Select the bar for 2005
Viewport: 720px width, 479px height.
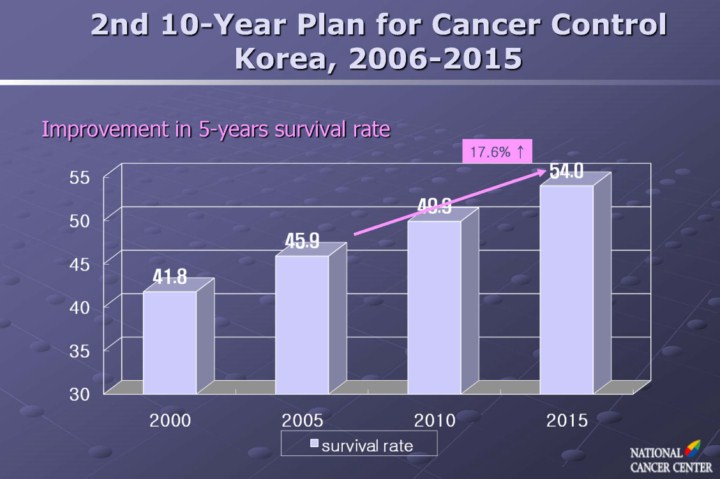pyautogui.click(x=301, y=322)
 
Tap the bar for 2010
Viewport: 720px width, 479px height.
pyautogui.click(x=433, y=305)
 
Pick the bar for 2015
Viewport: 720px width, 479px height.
pyautogui.click(x=566, y=287)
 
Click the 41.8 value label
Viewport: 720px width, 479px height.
pyautogui.click(x=170, y=277)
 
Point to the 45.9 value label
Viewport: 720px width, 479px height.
pyautogui.click(x=302, y=241)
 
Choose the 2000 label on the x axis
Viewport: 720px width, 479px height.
pyautogui.click(x=170, y=420)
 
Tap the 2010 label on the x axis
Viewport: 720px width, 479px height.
pyautogui.click(x=435, y=420)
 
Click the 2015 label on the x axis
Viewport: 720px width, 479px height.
pyautogui.click(x=567, y=420)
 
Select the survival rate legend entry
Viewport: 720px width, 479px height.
pyautogui.click(x=360, y=444)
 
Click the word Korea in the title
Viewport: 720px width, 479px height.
pyautogui.click(x=282, y=57)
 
